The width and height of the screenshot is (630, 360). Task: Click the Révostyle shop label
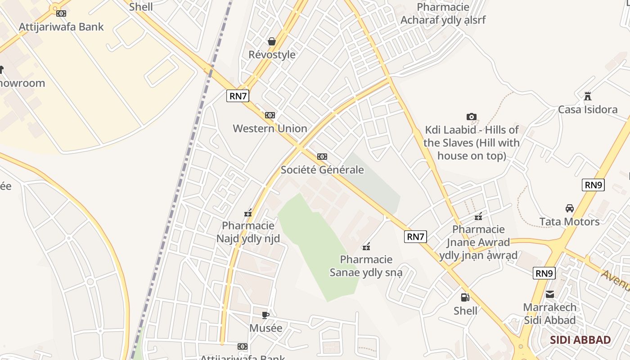point(272,55)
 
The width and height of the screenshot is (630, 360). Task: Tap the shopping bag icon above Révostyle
point(271,42)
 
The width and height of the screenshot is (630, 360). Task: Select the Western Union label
point(270,129)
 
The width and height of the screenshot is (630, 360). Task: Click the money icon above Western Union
point(270,115)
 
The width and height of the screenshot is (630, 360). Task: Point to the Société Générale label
point(322,170)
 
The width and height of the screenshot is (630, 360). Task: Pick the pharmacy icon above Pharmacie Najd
point(247,213)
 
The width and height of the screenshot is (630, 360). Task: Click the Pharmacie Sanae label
point(366,266)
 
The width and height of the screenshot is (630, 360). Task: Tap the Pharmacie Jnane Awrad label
point(478,243)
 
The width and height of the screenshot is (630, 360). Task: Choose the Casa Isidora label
point(588,110)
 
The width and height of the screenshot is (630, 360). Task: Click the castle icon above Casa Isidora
point(587,96)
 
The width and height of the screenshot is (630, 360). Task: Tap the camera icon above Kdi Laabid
point(471,117)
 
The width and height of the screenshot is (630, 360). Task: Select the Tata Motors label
point(570,222)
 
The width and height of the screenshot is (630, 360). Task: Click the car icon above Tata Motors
point(570,208)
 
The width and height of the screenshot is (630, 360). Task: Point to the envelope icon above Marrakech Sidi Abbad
point(550,294)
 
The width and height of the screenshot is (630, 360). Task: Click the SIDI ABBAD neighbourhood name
point(580,340)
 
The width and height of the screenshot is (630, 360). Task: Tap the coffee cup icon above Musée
point(265,315)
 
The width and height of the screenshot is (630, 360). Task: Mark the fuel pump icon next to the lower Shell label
point(465,297)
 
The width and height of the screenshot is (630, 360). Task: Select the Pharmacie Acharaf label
point(443,13)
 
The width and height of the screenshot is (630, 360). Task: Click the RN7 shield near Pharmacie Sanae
point(415,237)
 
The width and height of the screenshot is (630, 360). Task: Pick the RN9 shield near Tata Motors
point(593,185)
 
